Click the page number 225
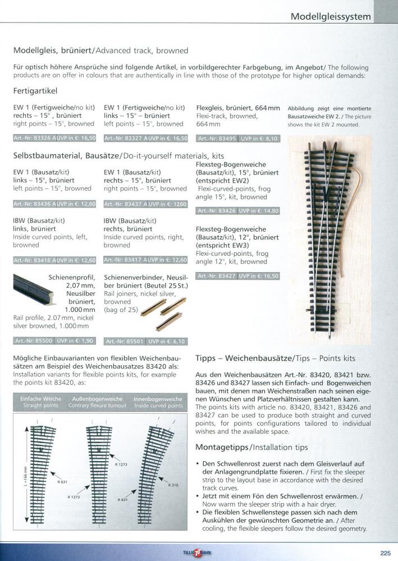tap(385, 553)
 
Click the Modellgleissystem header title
tap(331, 16)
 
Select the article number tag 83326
tap(33, 138)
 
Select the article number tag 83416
tap(33, 260)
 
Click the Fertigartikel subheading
tap(35, 91)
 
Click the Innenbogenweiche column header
tap(158, 402)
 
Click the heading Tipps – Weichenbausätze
tap(275, 358)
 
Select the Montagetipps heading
tap(251, 448)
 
